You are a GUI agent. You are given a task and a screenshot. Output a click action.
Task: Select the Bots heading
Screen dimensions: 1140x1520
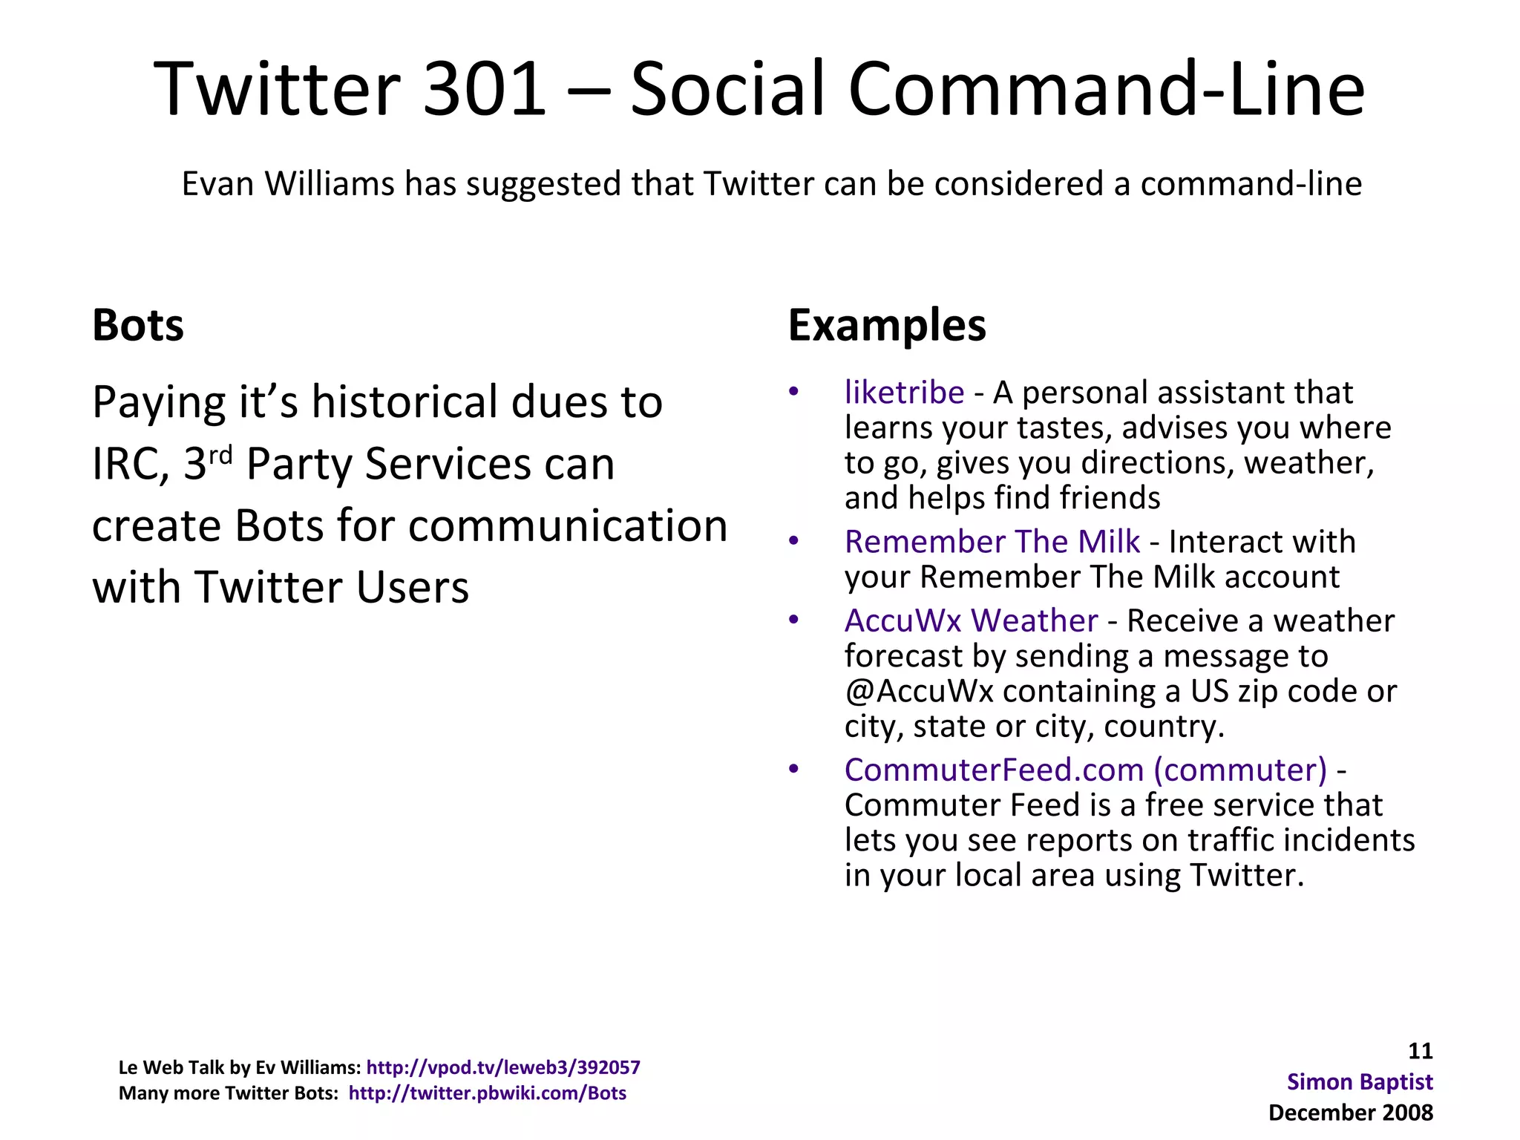(138, 325)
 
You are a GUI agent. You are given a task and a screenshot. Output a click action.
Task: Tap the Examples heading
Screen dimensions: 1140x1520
(887, 325)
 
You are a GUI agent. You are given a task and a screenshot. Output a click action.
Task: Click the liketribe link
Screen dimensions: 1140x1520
(904, 392)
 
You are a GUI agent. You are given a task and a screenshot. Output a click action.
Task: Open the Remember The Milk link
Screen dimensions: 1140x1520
(992, 541)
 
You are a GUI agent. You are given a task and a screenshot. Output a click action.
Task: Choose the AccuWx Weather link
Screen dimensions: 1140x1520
(971, 620)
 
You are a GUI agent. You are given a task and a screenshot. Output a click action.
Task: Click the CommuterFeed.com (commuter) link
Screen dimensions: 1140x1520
(1085, 770)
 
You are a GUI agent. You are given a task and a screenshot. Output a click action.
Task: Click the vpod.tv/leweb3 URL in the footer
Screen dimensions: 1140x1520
(503, 1067)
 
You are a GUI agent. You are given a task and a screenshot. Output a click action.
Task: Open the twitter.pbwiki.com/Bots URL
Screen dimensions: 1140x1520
(488, 1093)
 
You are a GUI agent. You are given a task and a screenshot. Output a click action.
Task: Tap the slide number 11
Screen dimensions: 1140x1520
(1420, 1051)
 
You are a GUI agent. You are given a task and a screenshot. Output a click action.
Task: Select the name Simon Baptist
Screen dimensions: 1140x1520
(1360, 1081)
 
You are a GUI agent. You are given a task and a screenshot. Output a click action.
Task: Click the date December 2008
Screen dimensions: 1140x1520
(1351, 1113)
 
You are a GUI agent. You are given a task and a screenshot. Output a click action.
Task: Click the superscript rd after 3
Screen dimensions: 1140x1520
(220, 453)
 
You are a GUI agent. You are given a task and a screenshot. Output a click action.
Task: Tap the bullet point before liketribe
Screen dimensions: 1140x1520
(793, 392)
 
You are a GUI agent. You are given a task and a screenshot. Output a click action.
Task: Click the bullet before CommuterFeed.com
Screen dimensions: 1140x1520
(793, 770)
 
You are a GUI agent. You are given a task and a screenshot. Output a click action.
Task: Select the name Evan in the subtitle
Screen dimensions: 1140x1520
(218, 183)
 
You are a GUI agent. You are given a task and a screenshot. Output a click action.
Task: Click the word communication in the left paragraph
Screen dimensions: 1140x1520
(568, 525)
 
